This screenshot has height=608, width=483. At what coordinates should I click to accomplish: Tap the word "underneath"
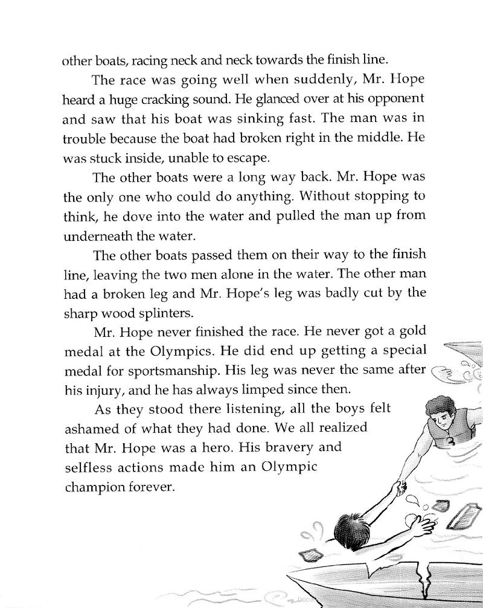coord(98,235)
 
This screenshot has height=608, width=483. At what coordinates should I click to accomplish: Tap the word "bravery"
coord(300,447)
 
